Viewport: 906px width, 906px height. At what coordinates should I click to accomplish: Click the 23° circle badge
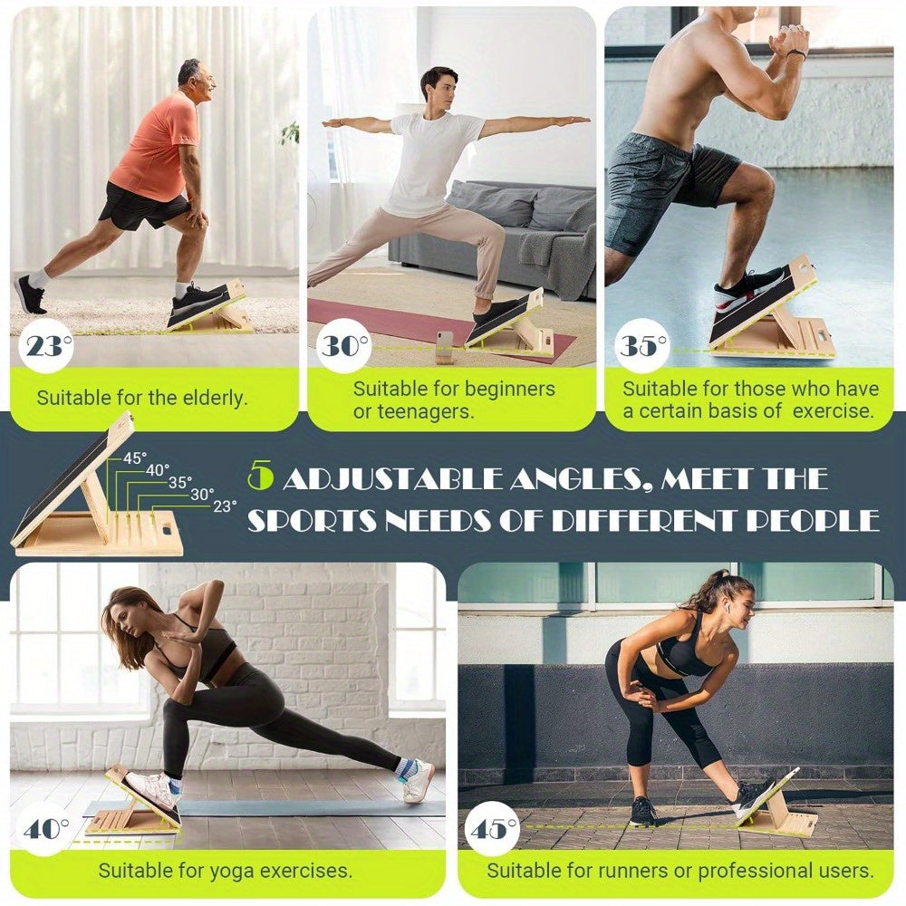click(47, 346)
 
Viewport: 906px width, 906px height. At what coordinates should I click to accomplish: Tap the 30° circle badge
click(344, 346)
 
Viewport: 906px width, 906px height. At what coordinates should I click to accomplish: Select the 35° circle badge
click(641, 346)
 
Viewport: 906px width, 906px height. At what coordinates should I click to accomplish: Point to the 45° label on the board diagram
click(135, 458)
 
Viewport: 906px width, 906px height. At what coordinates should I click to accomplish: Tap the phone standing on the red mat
click(443, 346)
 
